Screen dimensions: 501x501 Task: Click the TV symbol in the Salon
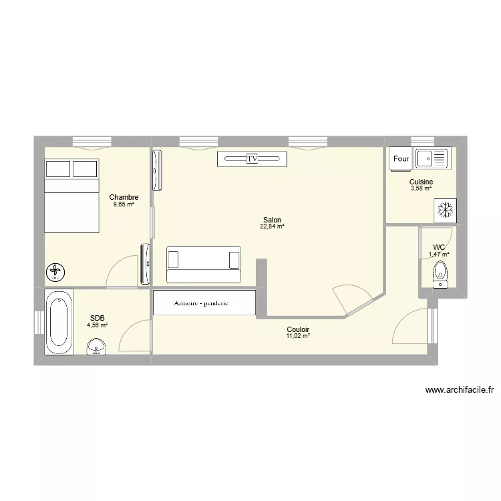coord(252,159)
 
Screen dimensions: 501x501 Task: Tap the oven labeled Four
coord(401,159)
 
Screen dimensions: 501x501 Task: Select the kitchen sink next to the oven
coord(432,158)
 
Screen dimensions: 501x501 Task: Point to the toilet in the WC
coord(439,273)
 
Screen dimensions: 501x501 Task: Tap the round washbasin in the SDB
coord(98,346)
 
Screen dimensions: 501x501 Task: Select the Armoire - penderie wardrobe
coord(204,303)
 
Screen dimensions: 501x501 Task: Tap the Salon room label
coord(272,220)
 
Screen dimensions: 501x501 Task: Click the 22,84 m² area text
coord(272,227)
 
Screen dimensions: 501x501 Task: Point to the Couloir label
coord(297,329)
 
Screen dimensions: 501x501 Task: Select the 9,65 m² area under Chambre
coord(124,204)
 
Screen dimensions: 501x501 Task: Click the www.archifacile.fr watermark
coord(459,391)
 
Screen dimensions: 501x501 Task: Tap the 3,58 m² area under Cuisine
coord(421,189)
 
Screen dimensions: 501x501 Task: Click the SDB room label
coord(97,319)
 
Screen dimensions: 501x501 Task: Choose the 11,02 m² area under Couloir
coord(297,337)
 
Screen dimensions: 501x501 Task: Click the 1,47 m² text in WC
coord(439,254)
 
